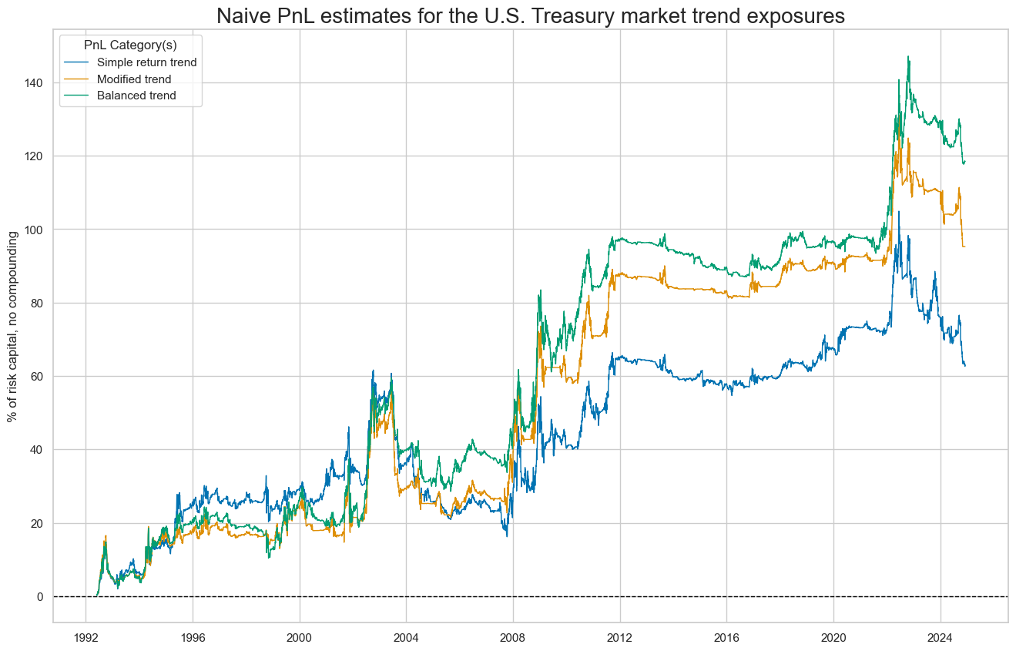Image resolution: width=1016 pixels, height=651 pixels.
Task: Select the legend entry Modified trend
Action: click(139, 79)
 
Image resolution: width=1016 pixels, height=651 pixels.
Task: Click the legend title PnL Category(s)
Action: click(130, 45)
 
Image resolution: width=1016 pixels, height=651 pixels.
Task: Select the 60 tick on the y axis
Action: click(35, 376)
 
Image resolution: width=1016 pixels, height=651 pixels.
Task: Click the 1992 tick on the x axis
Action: click(86, 638)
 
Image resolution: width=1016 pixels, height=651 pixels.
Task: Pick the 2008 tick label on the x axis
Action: click(513, 638)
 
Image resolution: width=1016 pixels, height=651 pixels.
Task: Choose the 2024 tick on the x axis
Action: click(940, 638)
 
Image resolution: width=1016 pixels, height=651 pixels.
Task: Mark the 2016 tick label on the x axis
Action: click(726, 638)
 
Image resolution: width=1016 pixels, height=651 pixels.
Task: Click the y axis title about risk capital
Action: click(13, 325)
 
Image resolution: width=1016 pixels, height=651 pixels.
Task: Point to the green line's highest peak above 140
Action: click(909, 56)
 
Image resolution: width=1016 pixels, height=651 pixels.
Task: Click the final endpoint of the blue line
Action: click(965, 365)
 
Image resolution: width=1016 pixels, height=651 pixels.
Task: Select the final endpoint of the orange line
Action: click(965, 247)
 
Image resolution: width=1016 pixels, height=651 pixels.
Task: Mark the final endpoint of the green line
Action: click(965, 162)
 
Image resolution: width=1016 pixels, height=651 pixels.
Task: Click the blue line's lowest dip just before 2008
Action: click(507, 535)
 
